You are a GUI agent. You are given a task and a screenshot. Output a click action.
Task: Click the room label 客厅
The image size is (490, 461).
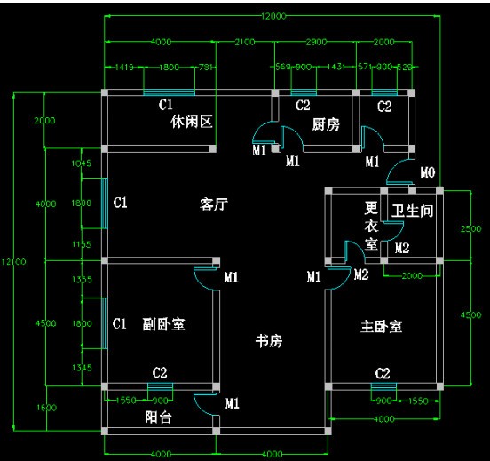pos(214,204)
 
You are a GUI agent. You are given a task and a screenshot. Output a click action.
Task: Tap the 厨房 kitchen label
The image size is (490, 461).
pos(327,125)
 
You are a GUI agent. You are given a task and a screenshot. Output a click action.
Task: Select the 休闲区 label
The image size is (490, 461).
pos(193,122)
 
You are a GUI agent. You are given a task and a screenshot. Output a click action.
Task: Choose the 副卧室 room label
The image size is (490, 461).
pos(163,324)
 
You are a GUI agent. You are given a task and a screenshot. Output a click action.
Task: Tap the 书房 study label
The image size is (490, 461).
pos(269,340)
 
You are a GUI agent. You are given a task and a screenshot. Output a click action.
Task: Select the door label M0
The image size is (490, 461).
pos(427,171)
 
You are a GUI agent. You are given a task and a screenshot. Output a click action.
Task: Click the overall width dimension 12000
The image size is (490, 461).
pos(273,17)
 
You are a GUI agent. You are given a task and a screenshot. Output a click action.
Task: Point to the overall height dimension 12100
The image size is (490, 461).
pos(13,261)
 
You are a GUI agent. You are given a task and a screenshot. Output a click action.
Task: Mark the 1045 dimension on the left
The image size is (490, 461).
pos(81,163)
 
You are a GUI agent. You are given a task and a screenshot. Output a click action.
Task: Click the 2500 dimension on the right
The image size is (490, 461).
pos(476,229)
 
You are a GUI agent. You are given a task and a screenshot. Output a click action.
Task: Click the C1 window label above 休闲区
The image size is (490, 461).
pos(165,105)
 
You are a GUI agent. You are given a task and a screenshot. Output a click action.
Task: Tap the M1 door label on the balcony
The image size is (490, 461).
pos(232,404)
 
